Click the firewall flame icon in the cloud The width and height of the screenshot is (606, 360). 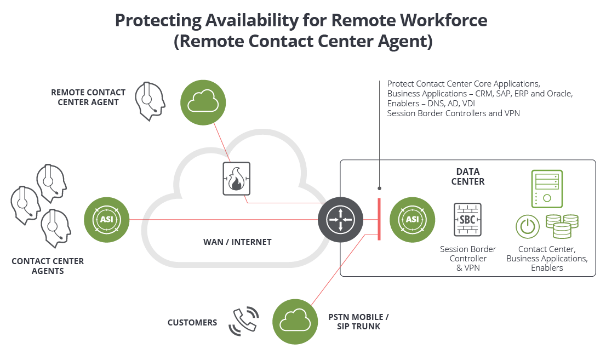pos(236,179)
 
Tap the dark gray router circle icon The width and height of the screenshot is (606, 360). pos(340,220)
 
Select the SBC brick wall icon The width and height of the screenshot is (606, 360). pos(467,220)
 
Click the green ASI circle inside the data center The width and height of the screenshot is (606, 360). pos(412,220)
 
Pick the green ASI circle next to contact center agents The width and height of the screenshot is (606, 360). pos(106,220)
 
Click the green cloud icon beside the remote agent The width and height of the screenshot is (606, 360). pos(203,102)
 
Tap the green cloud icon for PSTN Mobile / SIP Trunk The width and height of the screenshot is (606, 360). pos(295,322)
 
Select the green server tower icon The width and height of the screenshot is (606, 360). pos(546,188)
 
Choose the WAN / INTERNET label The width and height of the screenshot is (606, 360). pos(237,242)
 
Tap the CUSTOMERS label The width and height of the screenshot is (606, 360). pos(192,323)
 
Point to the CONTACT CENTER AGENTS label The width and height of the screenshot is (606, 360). pos(48,266)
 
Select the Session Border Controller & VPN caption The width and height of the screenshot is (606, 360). pos(468,258)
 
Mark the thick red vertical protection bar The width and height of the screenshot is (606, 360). pos(379,219)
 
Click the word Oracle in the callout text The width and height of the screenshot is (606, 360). pos(559,94)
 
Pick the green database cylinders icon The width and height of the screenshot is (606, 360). pos(562,226)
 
